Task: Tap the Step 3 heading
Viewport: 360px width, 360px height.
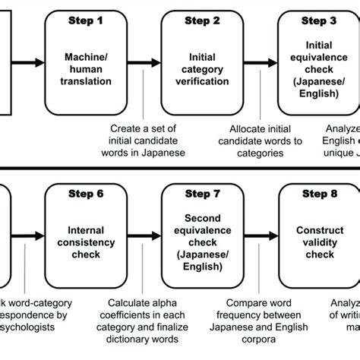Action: tap(319, 21)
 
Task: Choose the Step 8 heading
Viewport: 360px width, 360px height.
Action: tap(319, 195)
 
